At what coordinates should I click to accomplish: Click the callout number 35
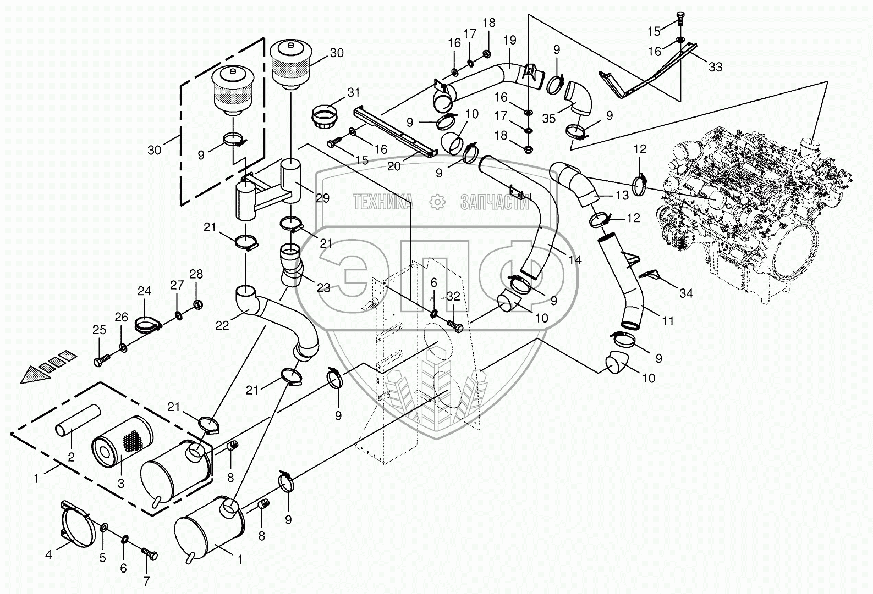pos(549,118)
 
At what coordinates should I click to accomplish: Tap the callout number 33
pos(715,67)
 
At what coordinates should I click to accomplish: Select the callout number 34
pos(686,293)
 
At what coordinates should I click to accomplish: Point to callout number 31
pos(353,93)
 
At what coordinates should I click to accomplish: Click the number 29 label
pos(323,198)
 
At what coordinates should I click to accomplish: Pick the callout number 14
pos(575,259)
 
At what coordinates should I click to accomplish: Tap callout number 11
pos(668,321)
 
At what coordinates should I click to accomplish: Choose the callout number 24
pos(144,291)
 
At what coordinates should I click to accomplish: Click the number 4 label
pos(48,554)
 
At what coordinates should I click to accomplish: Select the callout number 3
pos(121,484)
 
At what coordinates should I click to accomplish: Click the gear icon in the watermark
pos(437,202)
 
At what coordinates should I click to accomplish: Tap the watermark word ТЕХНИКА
pos(382,202)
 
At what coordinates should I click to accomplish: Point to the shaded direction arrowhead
pos(36,374)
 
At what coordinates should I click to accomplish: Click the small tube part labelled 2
pos(78,420)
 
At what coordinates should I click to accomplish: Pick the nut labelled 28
pos(197,304)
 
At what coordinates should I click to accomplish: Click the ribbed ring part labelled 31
pos(326,115)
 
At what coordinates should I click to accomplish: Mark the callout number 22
pos(222,325)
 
